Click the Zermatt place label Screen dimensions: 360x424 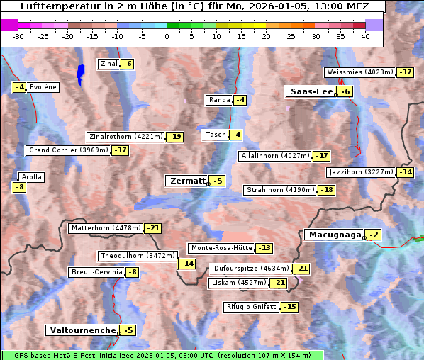pyautogui.click(x=186, y=181)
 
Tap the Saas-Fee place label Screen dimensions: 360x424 pyautogui.click(x=311, y=91)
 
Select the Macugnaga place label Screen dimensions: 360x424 pyautogui.click(x=333, y=235)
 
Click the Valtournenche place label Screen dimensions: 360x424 pyautogui.click(x=82, y=330)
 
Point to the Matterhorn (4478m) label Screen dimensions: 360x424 pyautogui.click(x=105, y=228)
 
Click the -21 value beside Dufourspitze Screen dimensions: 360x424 pyautogui.click(x=301, y=269)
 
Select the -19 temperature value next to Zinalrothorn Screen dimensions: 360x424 pyautogui.click(x=174, y=137)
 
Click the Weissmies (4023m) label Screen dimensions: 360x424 pyautogui.click(x=359, y=72)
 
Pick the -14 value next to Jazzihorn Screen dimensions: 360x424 pyautogui.click(x=405, y=172)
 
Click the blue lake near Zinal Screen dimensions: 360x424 pyautogui.click(x=80, y=72)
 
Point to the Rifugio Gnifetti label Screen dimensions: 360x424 pyautogui.click(x=252, y=307)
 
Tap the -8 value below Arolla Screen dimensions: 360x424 pyautogui.click(x=19, y=187)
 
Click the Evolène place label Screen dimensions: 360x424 pyautogui.click(x=43, y=87)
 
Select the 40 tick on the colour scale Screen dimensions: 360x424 pyautogui.click(x=365, y=36)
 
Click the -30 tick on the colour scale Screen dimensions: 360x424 pyautogui.click(x=19, y=36)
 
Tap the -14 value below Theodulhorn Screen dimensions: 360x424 pyautogui.click(x=186, y=264)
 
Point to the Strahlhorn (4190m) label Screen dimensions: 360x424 pyautogui.click(x=279, y=190)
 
